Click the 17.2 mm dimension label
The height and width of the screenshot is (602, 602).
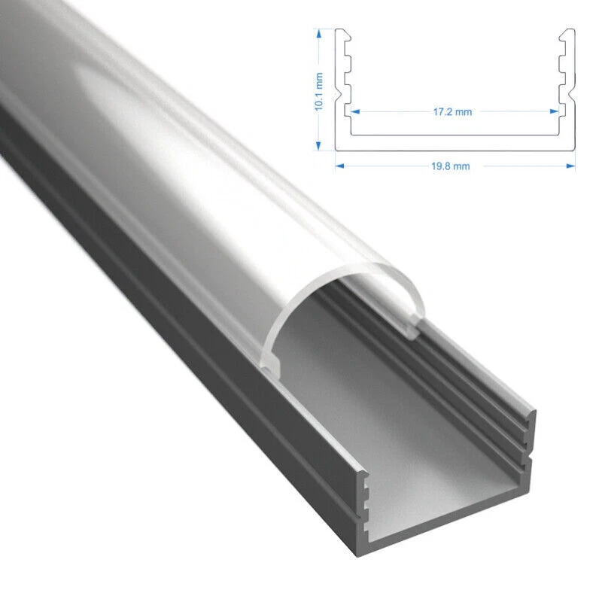[452, 111]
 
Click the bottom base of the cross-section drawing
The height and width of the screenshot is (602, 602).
[455, 141]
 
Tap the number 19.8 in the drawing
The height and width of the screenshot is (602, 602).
[443, 166]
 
